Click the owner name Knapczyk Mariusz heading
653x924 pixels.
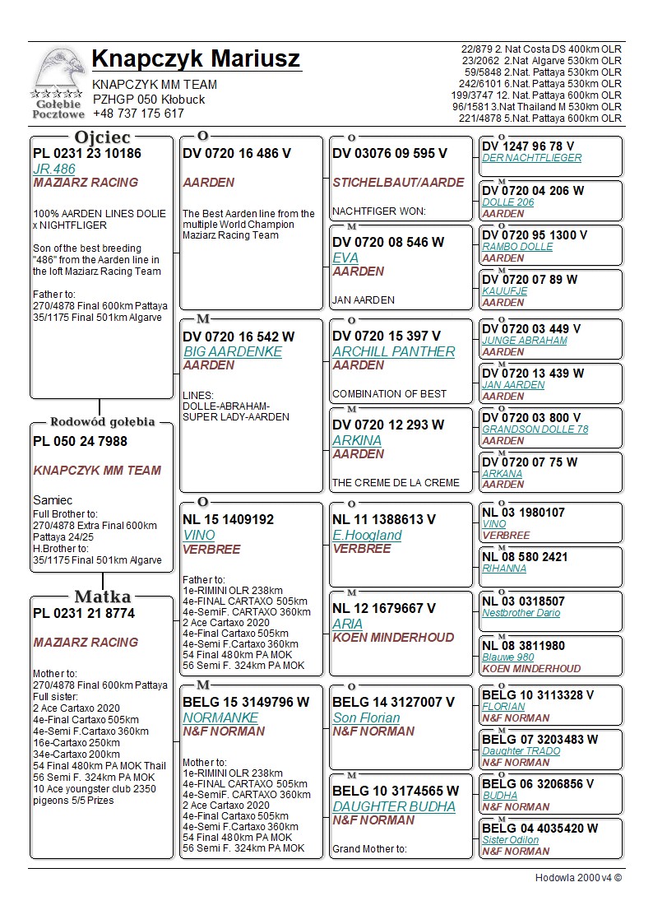point(196,59)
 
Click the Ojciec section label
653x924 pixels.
point(103,137)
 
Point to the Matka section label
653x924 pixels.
point(103,597)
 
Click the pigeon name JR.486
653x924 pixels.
point(53,169)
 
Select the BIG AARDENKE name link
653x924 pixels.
point(232,351)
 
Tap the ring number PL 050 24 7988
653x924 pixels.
point(80,441)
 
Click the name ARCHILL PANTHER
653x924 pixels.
point(393,351)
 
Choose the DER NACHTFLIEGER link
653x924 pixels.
point(531,158)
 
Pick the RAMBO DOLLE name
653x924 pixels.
point(517,247)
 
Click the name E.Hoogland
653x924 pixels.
point(367,535)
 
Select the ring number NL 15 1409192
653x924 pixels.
point(228,520)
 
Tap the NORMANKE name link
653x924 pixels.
point(220,717)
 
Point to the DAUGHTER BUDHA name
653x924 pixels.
point(393,806)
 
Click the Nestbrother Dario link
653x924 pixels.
point(521,613)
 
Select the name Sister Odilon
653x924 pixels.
point(510,840)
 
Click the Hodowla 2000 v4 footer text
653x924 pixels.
point(578,878)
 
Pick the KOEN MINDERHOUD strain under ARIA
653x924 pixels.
point(393,638)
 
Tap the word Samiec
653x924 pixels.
point(53,500)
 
